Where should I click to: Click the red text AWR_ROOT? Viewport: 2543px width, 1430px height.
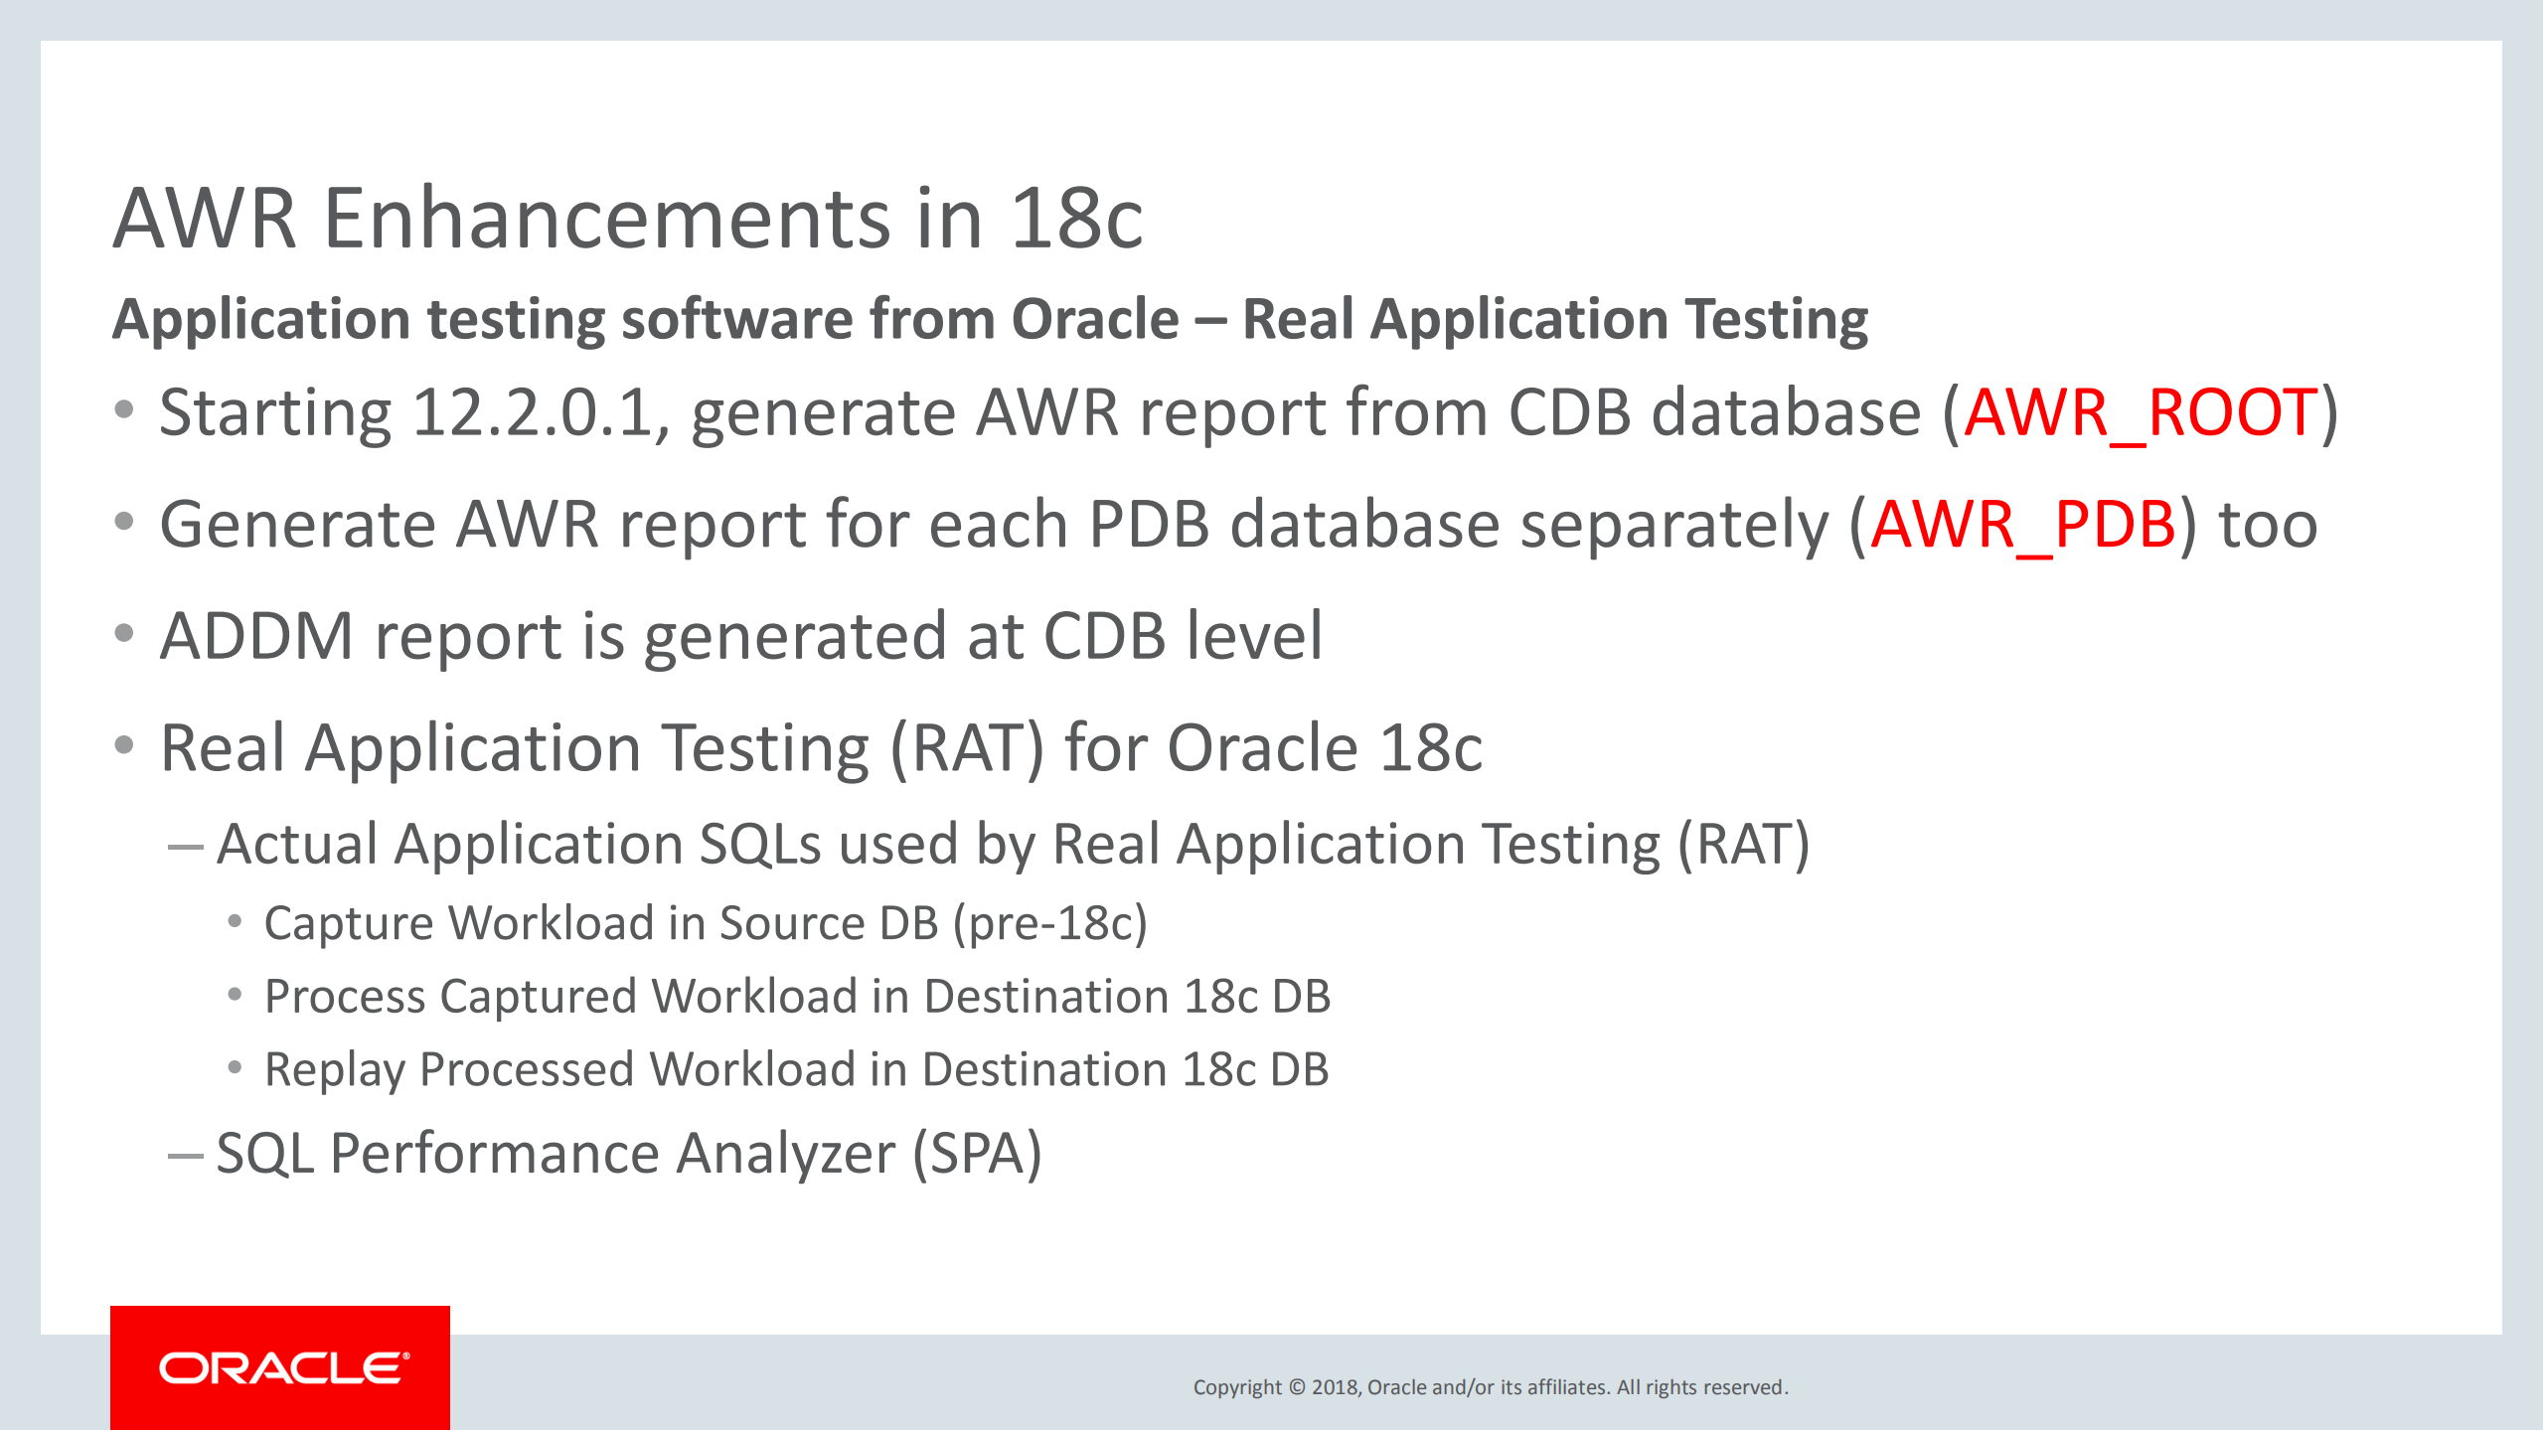(2141, 413)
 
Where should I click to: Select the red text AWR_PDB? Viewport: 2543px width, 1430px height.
(2022, 525)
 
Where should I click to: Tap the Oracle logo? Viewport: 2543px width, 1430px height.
(281, 1368)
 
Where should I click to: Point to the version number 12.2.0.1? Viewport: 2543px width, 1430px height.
(532, 413)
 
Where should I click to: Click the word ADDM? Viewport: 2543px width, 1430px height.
(256, 637)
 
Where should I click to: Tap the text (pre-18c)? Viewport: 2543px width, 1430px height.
(1050, 923)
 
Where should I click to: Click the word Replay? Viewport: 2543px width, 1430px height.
(334, 1070)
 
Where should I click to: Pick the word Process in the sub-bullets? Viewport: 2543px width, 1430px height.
(345, 997)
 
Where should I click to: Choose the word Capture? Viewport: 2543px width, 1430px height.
(349, 923)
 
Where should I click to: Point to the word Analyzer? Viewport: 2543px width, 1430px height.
(760, 1154)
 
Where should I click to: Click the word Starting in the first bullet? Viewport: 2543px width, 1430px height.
(275, 413)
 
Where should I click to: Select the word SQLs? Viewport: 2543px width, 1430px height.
(760, 845)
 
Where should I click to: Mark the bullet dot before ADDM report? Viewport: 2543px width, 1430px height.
(124, 633)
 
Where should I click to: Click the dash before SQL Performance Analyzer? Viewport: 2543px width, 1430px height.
(186, 1156)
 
